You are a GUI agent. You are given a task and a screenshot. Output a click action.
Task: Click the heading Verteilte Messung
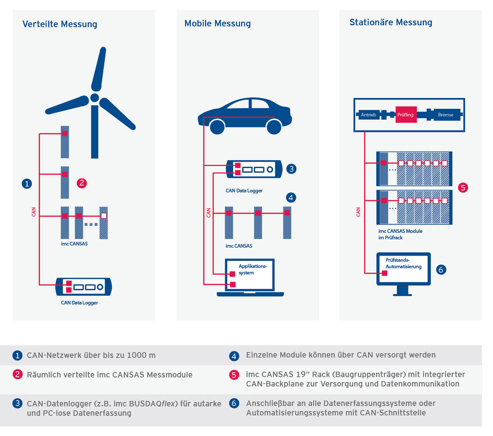coord(60,24)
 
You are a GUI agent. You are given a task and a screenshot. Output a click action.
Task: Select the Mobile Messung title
coord(217,23)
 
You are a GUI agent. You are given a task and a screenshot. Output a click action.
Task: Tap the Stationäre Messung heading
coord(391,22)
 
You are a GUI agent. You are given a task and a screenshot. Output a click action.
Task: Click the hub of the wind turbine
coord(95,98)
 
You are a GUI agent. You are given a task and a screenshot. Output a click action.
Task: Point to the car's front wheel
coord(274,127)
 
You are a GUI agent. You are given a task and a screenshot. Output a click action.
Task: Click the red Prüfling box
coord(406,115)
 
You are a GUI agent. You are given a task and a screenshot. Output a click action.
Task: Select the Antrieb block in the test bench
coord(368,115)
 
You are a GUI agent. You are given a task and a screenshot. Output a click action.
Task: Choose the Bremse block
coord(446,115)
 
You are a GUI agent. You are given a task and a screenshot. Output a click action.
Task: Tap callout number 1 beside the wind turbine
coord(27,184)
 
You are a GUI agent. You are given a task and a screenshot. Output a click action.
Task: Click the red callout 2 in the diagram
coord(82,183)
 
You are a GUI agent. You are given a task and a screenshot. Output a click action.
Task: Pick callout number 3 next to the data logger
coord(291,169)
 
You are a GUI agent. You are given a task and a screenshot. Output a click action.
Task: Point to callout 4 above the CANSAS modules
coord(291,197)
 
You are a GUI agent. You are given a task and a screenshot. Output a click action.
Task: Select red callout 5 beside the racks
coord(463,188)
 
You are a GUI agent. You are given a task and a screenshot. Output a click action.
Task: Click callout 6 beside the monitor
coord(441,270)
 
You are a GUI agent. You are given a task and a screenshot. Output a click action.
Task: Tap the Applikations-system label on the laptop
coord(252,269)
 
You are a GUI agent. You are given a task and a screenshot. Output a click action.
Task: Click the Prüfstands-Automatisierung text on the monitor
coord(403,263)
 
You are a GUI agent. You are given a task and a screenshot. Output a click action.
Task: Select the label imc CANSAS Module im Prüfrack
coord(400,234)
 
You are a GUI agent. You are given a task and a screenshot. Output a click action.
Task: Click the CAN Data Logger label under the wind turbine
coord(79,303)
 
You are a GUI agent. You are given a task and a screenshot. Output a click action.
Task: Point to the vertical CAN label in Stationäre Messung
coord(358,212)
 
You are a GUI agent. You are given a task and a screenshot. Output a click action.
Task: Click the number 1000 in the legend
coord(137,355)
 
